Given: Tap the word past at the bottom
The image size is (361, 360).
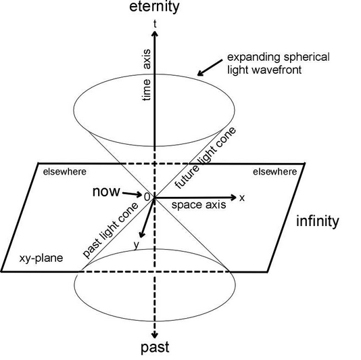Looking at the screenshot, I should pyautogui.click(x=155, y=348).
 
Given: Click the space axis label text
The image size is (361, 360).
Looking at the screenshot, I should pyautogui.click(x=193, y=204).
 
